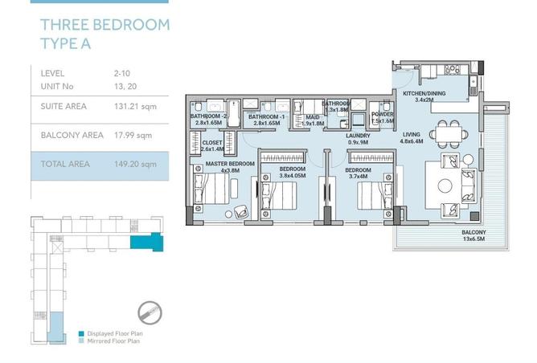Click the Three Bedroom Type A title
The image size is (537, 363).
point(105,35)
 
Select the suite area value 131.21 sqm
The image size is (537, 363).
point(135,106)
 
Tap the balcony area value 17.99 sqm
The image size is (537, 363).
point(133,135)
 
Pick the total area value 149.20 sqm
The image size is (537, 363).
point(135,164)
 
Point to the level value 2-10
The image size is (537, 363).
point(122,73)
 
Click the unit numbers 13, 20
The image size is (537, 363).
point(125,86)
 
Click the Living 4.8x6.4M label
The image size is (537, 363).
point(412,137)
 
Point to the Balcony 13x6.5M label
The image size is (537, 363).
point(473,235)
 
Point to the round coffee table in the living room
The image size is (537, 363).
point(445,186)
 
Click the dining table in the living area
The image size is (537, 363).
point(449,134)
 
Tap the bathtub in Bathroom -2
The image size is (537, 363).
point(234,113)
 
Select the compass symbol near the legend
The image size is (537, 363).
point(150,312)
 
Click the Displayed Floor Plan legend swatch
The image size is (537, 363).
point(81,333)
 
